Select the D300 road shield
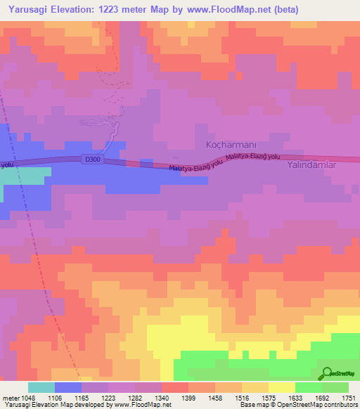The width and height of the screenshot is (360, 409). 92,160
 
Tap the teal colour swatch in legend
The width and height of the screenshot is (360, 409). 41,387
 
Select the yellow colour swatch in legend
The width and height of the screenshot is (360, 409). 282,387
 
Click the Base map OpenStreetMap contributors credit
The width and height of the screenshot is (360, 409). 297,405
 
